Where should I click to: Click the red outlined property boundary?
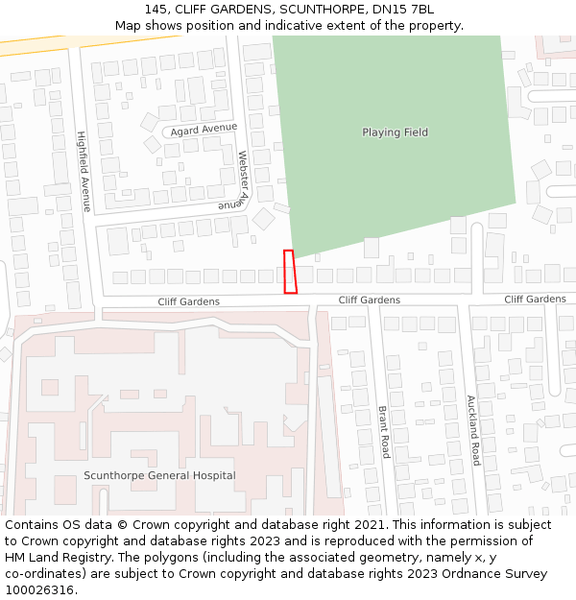coord(290,272)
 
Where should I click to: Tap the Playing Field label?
coord(395,132)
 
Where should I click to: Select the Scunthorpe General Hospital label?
coord(159,475)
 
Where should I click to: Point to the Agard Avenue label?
coord(204,128)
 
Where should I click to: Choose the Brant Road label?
coord(383,431)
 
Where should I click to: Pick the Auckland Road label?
coord(472,430)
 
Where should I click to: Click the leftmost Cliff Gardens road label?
coord(188,301)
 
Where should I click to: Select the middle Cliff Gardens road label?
coord(369,300)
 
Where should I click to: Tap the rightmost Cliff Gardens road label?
coord(535,300)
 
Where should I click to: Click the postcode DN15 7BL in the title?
coord(404,10)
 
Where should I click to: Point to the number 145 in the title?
coord(157,10)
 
